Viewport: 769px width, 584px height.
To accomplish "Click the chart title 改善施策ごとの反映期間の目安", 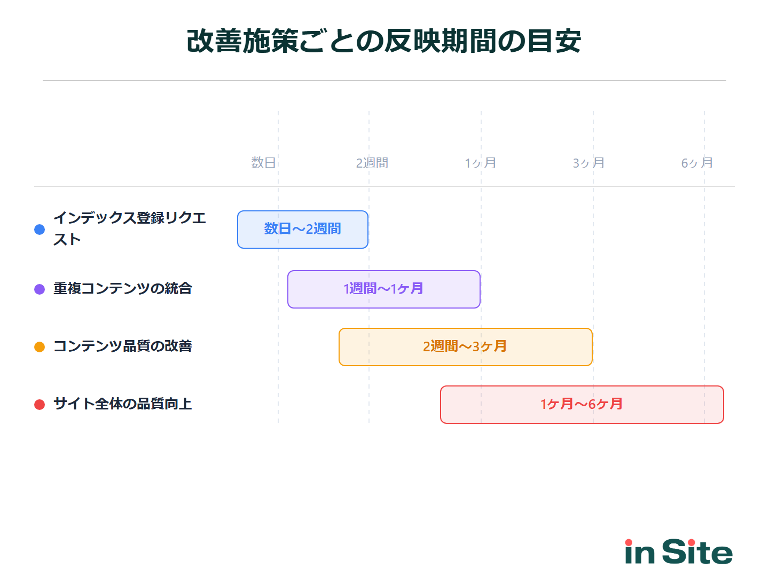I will [384, 41].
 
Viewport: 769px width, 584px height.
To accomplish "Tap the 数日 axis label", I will [264, 163].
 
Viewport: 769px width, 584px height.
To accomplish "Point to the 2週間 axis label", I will [372, 163].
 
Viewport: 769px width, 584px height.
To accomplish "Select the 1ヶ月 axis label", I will [481, 163].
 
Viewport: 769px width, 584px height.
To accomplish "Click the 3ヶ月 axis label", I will [589, 163].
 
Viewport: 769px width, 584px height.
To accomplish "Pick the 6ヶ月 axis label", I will [697, 163].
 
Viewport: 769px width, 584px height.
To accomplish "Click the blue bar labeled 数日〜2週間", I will [303, 230].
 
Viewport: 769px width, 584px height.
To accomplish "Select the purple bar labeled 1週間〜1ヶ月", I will [384, 289].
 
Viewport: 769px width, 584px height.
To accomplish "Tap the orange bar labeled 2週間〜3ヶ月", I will [466, 347].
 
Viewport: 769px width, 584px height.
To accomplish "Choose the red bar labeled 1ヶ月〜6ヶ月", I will [582, 405].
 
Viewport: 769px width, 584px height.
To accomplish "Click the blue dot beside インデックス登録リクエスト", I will [40, 230].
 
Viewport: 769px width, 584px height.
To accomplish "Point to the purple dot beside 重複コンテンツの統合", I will [40, 289].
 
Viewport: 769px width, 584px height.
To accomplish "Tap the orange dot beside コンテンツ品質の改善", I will [40, 347].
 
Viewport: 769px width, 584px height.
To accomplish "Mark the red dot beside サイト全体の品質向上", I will [40, 405].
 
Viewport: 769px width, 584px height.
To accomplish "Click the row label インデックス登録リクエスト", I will [129, 228].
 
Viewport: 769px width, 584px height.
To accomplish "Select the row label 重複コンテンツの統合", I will [123, 289].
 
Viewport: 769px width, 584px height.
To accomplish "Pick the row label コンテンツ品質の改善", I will [123, 346].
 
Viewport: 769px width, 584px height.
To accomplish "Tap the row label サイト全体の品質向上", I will [123, 404].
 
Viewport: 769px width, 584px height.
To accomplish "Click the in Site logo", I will [679, 552].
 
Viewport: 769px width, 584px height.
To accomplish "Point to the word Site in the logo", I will [697, 552].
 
